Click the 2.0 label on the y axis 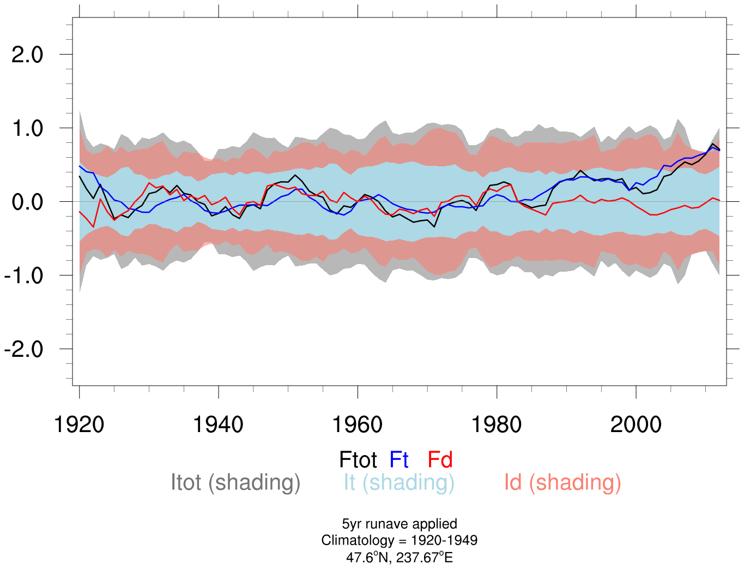coord(27,55)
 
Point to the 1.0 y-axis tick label coord(27,128)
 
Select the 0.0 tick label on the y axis coord(27,202)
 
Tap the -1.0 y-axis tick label coord(23,275)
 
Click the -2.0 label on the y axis coord(23,349)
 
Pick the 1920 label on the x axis coord(79,424)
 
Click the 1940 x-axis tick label coord(218,424)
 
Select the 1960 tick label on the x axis coord(358,424)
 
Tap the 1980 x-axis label coord(497,424)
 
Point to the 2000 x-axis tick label coord(636,424)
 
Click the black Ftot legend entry coord(358,460)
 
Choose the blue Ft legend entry coord(399,460)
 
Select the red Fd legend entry coord(440,460)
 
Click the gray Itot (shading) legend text coord(235,482)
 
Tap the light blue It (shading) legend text coord(399,482)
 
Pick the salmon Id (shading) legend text coord(562,482)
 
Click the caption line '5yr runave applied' coord(400,524)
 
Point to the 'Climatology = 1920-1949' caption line coord(400,541)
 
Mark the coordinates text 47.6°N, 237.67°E coord(400,558)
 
